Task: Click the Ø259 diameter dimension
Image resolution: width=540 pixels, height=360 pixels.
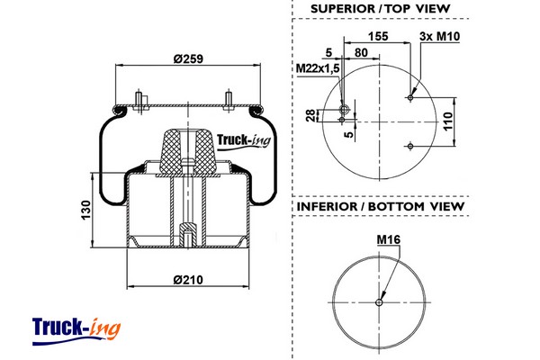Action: (188, 58)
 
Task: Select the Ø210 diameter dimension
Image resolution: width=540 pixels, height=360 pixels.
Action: (188, 279)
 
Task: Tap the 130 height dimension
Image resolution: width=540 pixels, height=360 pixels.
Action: (85, 210)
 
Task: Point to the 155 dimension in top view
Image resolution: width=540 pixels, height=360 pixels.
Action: (378, 36)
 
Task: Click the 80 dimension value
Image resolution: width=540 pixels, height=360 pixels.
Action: (361, 53)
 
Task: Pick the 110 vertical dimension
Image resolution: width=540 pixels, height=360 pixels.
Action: (447, 121)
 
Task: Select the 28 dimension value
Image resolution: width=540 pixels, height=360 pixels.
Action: (310, 115)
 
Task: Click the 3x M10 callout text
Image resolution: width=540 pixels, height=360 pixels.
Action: (439, 36)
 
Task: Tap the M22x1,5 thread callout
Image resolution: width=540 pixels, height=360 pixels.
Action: (318, 68)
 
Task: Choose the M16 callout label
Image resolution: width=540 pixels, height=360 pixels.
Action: (389, 239)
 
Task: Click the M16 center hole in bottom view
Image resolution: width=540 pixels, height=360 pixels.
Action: (379, 302)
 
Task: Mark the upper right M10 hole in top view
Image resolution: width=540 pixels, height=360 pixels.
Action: (410, 98)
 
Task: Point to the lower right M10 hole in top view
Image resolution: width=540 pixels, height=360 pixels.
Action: (410, 147)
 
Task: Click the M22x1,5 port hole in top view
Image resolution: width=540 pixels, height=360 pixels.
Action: (344, 110)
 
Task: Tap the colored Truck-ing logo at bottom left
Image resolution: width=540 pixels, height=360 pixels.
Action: (76, 330)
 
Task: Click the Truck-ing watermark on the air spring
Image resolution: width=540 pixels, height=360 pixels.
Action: (244, 141)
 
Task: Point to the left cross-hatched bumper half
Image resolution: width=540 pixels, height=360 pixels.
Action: (170, 152)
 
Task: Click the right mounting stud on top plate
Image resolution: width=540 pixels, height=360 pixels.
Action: (229, 101)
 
